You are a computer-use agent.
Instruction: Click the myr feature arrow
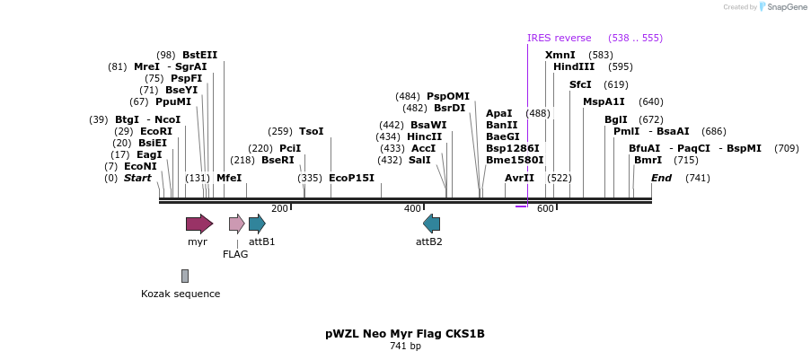[198, 224]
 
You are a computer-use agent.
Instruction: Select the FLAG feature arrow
[236, 224]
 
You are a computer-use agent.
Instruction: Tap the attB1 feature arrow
[257, 224]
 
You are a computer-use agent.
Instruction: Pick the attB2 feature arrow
[431, 224]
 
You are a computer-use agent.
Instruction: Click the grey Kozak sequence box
[185, 276]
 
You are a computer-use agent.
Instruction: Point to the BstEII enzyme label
[199, 55]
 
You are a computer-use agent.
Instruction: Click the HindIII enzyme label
[574, 66]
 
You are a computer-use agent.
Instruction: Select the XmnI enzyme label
[560, 55]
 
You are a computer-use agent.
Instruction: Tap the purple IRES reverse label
[559, 38]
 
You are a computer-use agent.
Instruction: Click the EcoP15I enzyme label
[351, 178]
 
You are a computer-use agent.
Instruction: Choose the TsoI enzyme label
[311, 131]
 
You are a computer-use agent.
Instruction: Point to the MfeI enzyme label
[229, 178]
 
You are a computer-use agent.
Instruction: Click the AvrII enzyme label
[519, 178]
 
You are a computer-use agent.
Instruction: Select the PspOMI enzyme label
[448, 96]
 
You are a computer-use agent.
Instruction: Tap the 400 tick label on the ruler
[412, 208]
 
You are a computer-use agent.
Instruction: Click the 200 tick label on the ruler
[279, 208]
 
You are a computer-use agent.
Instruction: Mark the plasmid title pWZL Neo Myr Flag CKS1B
[405, 334]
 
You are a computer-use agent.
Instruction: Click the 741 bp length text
[405, 347]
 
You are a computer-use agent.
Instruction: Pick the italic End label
[661, 178]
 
